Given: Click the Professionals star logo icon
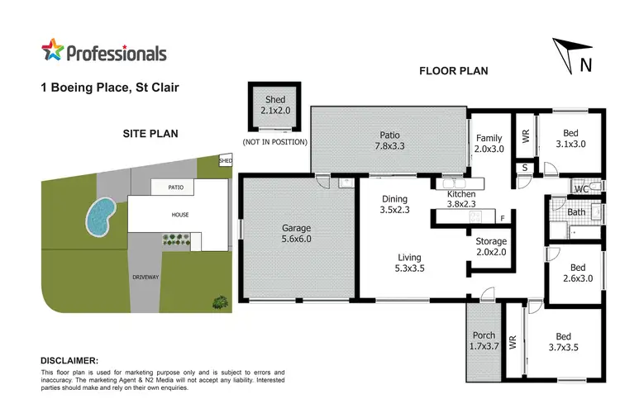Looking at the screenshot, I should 53,52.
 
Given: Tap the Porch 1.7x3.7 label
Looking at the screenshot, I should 484,340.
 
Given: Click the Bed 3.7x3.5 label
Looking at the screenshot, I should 563,342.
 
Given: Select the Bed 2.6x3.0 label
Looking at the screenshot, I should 578,273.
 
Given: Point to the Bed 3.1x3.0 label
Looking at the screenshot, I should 571,138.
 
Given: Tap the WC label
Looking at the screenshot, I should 582,189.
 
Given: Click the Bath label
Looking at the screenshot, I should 577,212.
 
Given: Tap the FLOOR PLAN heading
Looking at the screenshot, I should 454,71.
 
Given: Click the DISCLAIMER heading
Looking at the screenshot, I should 69,361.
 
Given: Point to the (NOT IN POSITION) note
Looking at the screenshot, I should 274,142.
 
